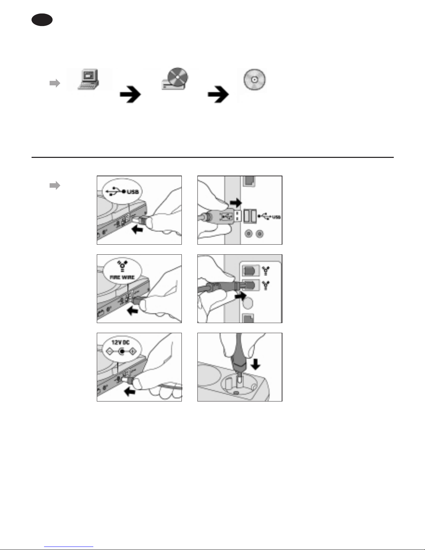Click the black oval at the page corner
[x=42, y=20]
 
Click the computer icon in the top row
[x=88, y=79]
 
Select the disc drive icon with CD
[x=175, y=79]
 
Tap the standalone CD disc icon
[x=254, y=79]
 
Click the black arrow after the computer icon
[x=130, y=95]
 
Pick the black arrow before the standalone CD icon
[x=218, y=95]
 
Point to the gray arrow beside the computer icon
[x=55, y=83]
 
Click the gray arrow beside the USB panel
[x=55, y=186]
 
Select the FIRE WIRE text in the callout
[x=122, y=277]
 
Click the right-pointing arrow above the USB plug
[x=236, y=203]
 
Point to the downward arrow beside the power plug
[x=256, y=364]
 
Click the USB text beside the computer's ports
[x=276, y=217]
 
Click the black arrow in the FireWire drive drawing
[x=132, y=311]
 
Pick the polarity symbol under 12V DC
[x=121, y=352]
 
